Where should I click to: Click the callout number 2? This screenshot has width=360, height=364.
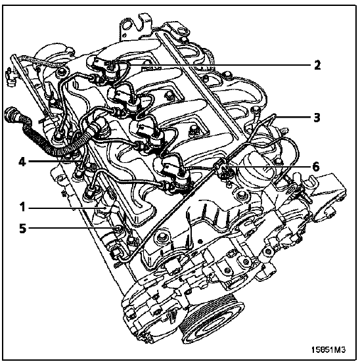[x=317, y=65]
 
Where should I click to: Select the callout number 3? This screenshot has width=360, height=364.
[x=317, y=118]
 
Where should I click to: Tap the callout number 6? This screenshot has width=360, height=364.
[x=316, y=167]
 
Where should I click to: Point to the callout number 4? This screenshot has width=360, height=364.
[x=22, y=162]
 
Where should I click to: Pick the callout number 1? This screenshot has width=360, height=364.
[x=22, y=207]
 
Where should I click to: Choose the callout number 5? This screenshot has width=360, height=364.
[x=22, y=229]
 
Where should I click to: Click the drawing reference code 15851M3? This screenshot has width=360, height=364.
[x=328, y=350]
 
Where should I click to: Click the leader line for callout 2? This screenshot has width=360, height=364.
[x=212, y=65]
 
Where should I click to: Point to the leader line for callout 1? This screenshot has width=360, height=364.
[x=67, y=207]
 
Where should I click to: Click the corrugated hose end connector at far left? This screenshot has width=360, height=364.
[x=11, y=113]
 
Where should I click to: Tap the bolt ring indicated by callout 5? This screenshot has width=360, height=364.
[x=118, y=229]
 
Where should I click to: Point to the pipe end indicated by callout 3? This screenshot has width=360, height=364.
[x=275, y=116]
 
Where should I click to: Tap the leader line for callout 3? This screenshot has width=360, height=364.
[x=293, y=118]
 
